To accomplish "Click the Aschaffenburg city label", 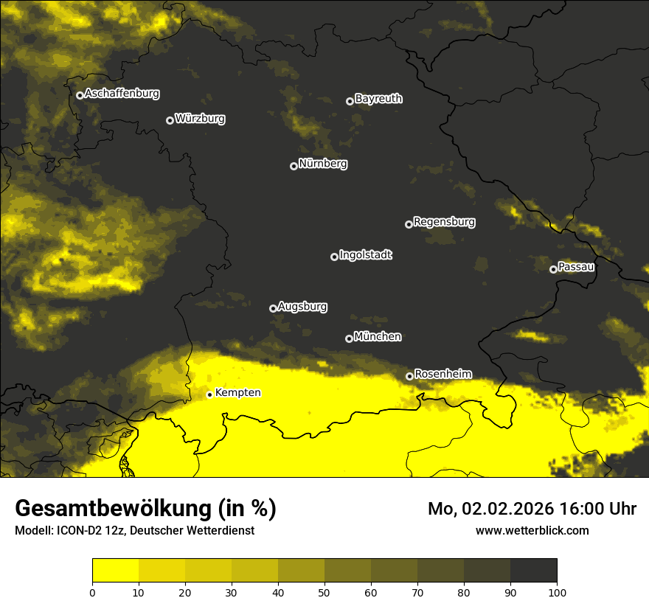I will tap(122, 94).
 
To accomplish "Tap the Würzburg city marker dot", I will tap(170, 120).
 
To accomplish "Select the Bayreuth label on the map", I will tap(378, 99).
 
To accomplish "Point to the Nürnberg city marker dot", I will tap(294, 166).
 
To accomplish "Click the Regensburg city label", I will tap(444, 222).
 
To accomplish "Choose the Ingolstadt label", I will tap(366, 255).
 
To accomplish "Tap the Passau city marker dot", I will tap(553, 269).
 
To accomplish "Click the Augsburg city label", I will tap(302, 307).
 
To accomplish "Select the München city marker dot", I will tap(349, 339).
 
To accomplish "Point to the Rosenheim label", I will tap(442, 374).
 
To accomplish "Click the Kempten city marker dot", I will tap(209, 394).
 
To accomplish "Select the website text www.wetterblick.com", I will tap(532, 530).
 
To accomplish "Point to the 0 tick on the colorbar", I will tap(92, 591).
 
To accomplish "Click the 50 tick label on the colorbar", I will tap(324, 591).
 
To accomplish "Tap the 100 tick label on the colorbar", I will tap(557, 591).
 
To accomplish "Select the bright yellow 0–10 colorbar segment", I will tap(115, 571).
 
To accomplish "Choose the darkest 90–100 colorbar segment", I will tap(533, 571).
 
